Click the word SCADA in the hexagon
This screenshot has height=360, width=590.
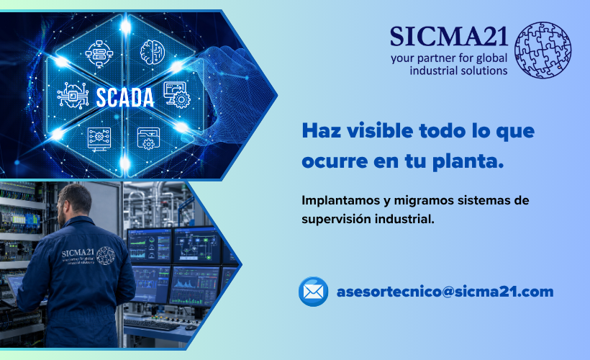coord(125,98)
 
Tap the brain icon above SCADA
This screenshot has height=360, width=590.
coord(153,52)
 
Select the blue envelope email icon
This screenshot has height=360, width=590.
coord(314,292)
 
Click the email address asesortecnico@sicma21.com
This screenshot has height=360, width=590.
coord(445,292)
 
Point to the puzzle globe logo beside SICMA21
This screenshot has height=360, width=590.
coord(543,50)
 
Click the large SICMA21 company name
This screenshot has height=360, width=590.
coord(448,37)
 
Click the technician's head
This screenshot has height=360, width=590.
coord(75,204)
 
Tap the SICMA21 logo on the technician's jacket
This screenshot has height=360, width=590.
coord(88,256)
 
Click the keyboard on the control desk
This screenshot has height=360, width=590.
coord(151,324)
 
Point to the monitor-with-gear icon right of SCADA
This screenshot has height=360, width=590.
coord(177,95)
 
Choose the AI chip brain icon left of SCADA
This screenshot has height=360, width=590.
coord(73,96)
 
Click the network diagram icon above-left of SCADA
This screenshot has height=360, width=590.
coord(99,53)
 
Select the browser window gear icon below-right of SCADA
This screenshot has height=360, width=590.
coord(149,138)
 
